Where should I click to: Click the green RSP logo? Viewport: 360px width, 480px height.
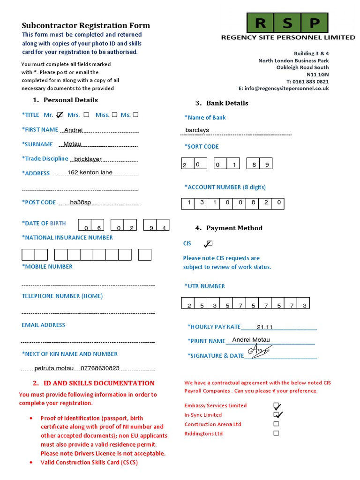point(288,22)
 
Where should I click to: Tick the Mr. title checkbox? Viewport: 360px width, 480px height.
point(60,115)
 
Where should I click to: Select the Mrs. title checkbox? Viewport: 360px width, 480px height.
point(86,115)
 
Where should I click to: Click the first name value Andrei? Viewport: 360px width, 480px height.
point(73,130)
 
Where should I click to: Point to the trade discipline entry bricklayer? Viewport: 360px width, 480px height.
point(88,159)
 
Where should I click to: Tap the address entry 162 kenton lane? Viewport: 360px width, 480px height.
point(90,172)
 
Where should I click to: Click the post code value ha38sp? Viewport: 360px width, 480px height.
point(80,202)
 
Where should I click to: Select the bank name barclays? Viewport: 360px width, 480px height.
point(197,130)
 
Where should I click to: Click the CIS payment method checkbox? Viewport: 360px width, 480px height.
point(209,244)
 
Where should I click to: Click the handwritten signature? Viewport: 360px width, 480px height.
point(260,351)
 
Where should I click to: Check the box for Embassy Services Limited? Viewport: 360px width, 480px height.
point(277,405)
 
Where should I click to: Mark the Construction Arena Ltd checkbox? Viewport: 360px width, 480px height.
point(276,424)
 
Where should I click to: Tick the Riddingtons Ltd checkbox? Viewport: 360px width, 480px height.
point(276,433)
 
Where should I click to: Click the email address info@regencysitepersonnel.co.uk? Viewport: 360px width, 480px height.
point(287,88)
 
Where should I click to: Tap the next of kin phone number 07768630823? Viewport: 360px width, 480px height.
point(100,368)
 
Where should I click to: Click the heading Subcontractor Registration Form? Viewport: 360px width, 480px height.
point(86,26)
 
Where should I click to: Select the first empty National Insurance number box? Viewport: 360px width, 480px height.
point(29,255)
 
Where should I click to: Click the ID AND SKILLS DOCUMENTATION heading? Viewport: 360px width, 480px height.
point(99,383)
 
